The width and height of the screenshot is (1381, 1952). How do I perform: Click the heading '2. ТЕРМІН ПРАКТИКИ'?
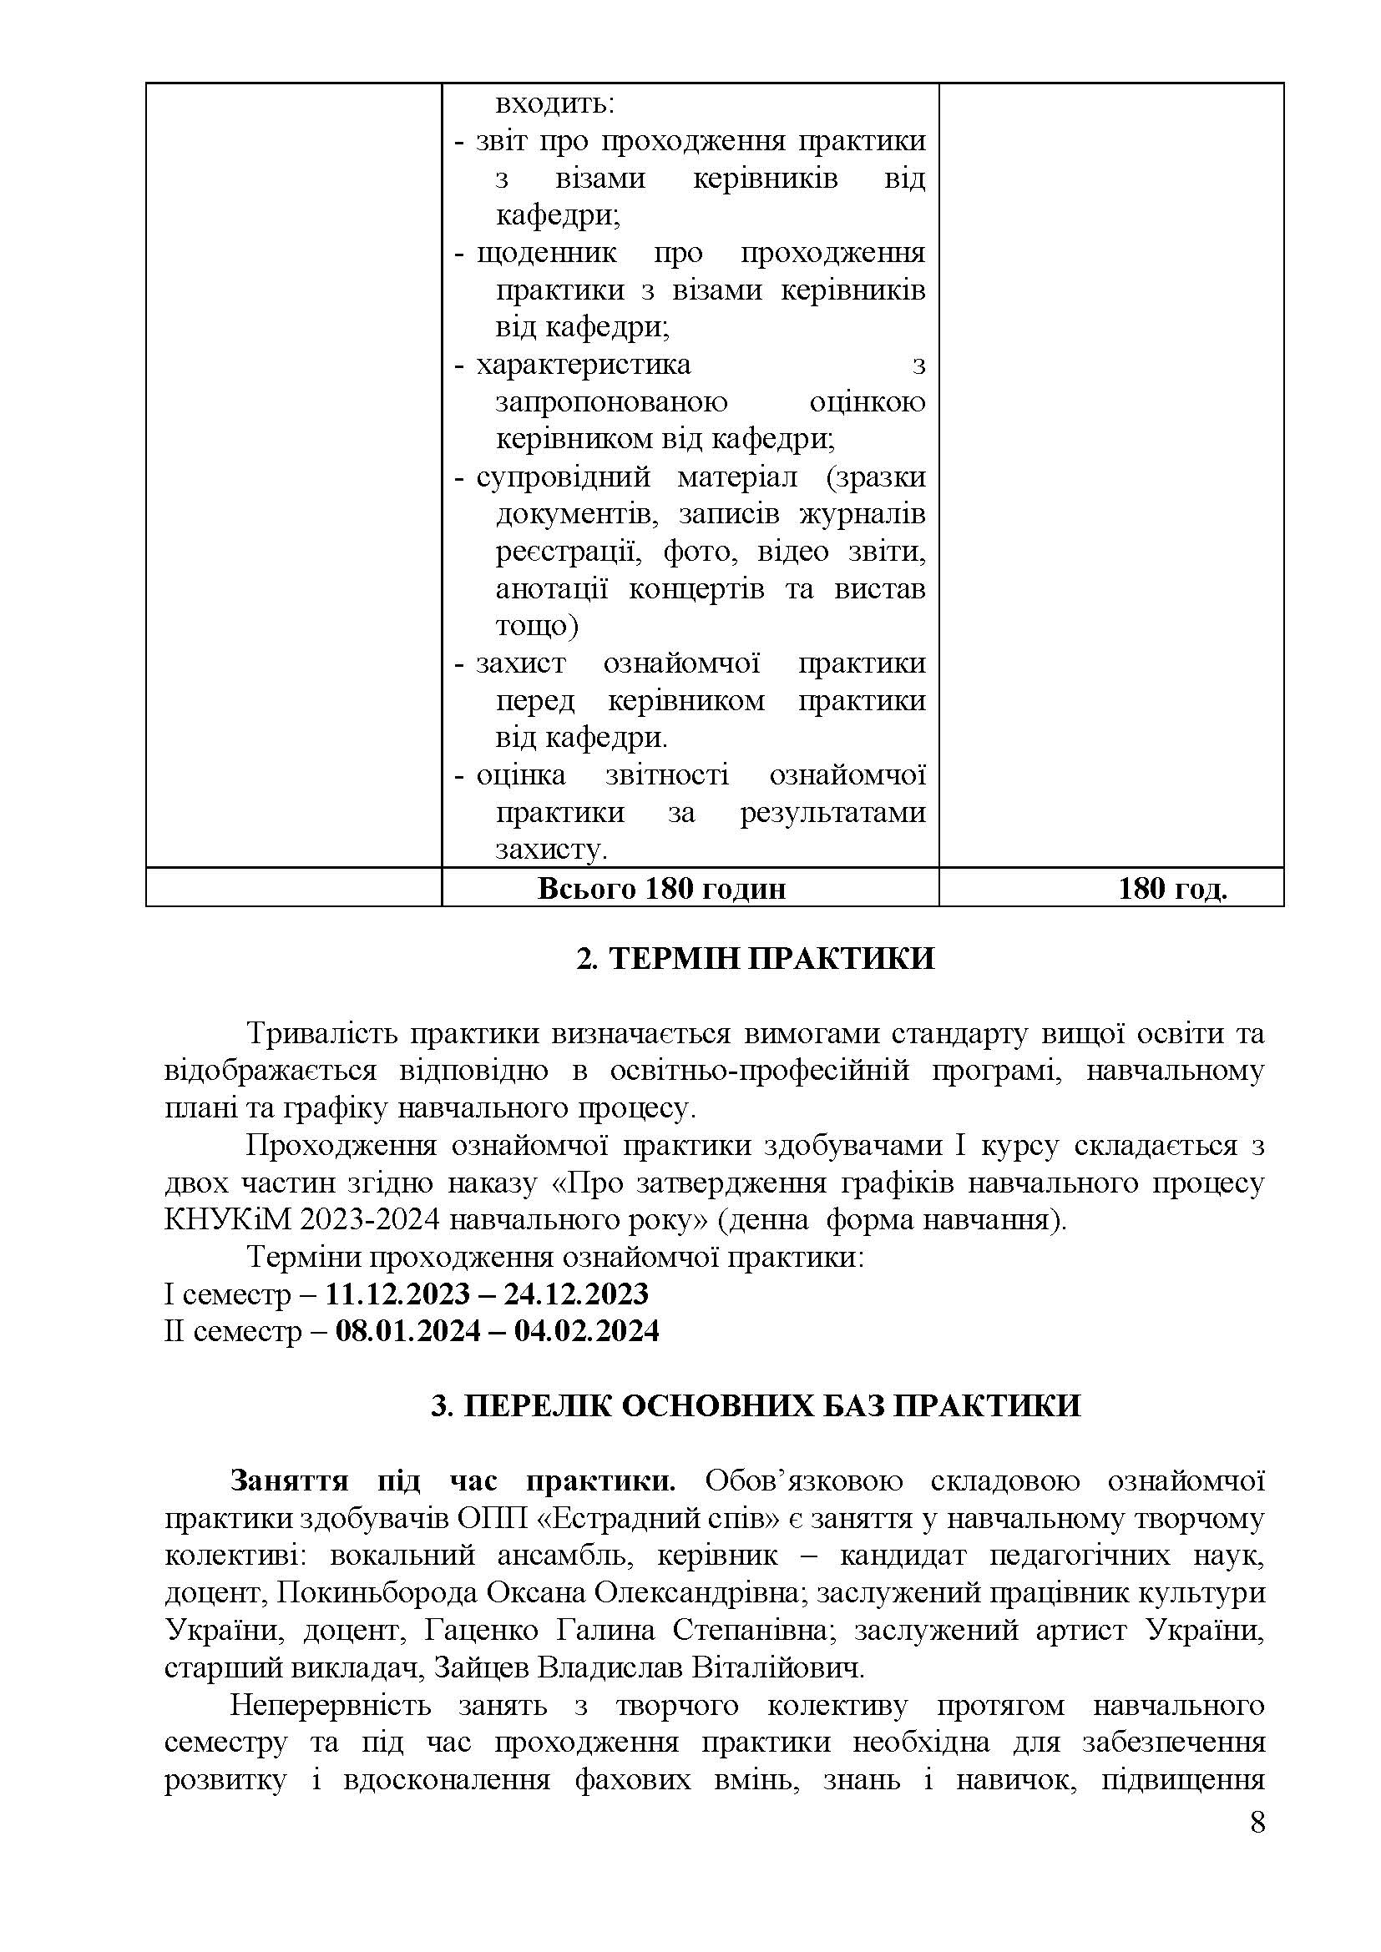(x=755, y=958)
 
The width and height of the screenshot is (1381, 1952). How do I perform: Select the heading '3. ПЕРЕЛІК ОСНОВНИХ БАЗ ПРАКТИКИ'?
(x=755, y=1405)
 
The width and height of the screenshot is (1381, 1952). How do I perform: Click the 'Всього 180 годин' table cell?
(x=661, y=889)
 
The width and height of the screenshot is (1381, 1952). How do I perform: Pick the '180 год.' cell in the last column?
(x=1172, y=889)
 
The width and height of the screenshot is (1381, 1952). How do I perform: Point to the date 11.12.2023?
(x=398, y=1294)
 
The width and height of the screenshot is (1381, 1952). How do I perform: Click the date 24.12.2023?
(x=576, y=1294)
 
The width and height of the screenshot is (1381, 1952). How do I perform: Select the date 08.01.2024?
(x=408, y=1330)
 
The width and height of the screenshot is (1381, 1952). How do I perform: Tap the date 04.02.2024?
(x=587, y=1330)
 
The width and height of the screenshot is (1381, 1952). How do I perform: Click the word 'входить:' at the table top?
(x=554, y=104)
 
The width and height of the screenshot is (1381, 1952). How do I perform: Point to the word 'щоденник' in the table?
(x=547, y=254)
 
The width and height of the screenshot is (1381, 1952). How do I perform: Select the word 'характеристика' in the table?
(x=584, y=365)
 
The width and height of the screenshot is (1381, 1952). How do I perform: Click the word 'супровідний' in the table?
(x=563, y=477)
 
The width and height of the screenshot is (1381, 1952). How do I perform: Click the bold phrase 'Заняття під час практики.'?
(x=453, y=1480)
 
